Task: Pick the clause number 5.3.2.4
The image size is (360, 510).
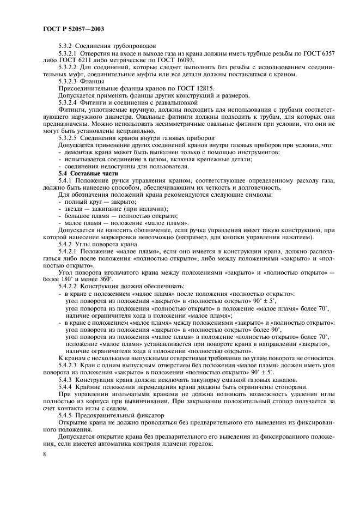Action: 68,101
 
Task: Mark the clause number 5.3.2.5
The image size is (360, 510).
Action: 68,137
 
